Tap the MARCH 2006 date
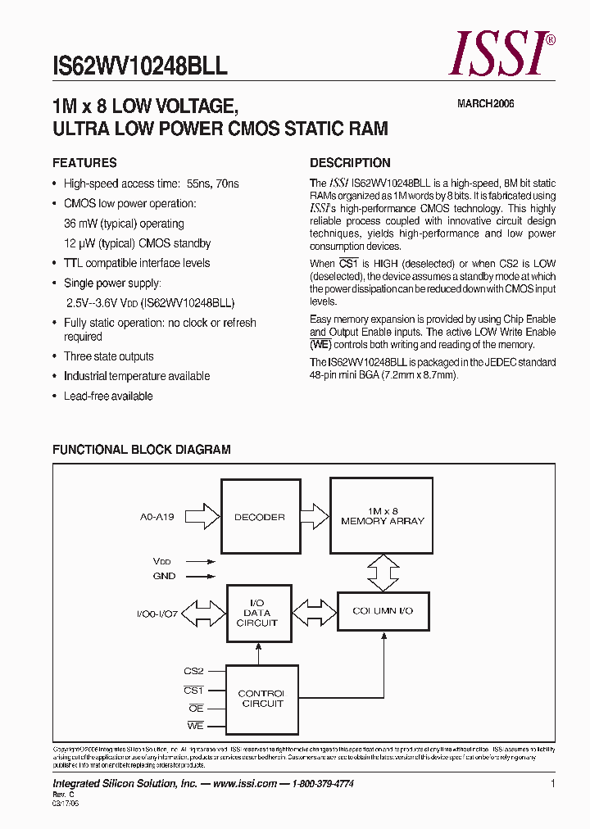pos(485,104)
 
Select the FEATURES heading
pos(84,162)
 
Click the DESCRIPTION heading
pos(350,162)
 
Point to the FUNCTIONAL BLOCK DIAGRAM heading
pos(141,450)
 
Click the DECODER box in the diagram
pos(259,517)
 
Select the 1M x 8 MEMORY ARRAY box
pos(383,516)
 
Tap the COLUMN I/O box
pos(383,611)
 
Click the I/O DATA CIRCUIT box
pos(257,613)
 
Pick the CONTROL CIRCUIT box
pos(261,699)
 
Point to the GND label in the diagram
pos(164,576)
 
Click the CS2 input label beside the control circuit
pos(193,671)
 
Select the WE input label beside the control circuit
pos(195,726)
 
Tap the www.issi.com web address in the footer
pos(243,784)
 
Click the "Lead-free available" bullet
pos(108,396)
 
